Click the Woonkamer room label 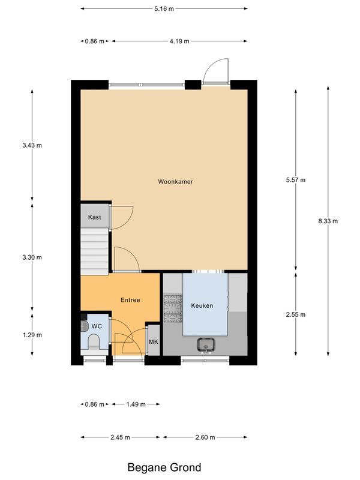coord(175,181)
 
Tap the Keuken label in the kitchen coord(202,305)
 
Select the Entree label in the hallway coord(130,300)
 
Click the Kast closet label coord(94,217)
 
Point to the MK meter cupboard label coord(153,342)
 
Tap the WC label coord(97,325)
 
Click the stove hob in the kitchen coord(172,307)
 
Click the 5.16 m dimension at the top coord(164,8)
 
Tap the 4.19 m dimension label coord(179,41)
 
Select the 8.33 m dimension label coord(328,221)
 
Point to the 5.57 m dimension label coord(296,180)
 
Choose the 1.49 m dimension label coord(136,404)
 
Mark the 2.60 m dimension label coord(206,437)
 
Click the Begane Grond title coord(164,467)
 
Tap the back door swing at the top coord(214,71)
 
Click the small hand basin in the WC coord(84,326)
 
